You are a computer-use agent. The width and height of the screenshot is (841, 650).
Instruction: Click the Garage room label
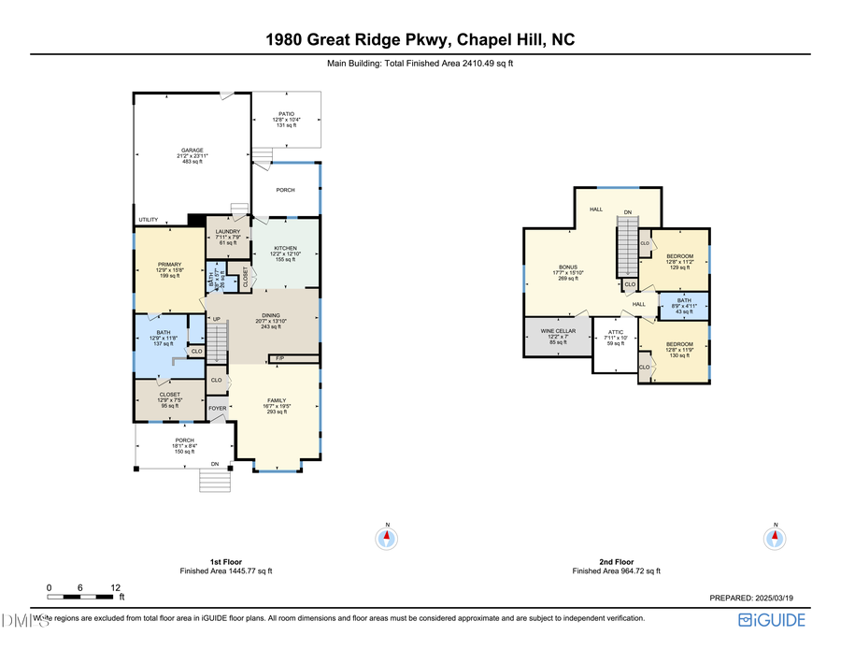tap(192, 150)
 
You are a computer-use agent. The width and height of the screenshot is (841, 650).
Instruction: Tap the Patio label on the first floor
tap(285, 114)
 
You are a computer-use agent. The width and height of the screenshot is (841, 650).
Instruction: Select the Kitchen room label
tap(285, 249)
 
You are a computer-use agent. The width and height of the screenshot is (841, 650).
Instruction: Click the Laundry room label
tap(228, 232)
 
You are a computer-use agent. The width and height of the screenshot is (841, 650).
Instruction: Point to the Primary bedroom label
tap(169, 265)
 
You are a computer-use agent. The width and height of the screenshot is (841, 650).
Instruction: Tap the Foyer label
tap(217, 409)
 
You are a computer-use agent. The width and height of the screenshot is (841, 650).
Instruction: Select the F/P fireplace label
tap(279, 358)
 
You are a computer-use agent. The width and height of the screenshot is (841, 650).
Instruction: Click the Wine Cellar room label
tap(558, 331)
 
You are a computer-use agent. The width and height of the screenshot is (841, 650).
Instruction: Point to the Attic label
tap(614, 332)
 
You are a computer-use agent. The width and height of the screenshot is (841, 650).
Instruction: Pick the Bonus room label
tap(569, 267)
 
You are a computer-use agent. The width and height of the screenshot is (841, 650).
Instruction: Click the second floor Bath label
tap(684, 299)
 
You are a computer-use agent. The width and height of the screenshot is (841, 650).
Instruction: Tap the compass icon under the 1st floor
tap(387, 538)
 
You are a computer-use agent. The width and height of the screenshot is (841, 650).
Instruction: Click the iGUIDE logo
tap(772, 619)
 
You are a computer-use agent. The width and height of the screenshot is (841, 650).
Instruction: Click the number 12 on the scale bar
tap(116, 587)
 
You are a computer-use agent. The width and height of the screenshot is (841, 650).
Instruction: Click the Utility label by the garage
tap(149, 220)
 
